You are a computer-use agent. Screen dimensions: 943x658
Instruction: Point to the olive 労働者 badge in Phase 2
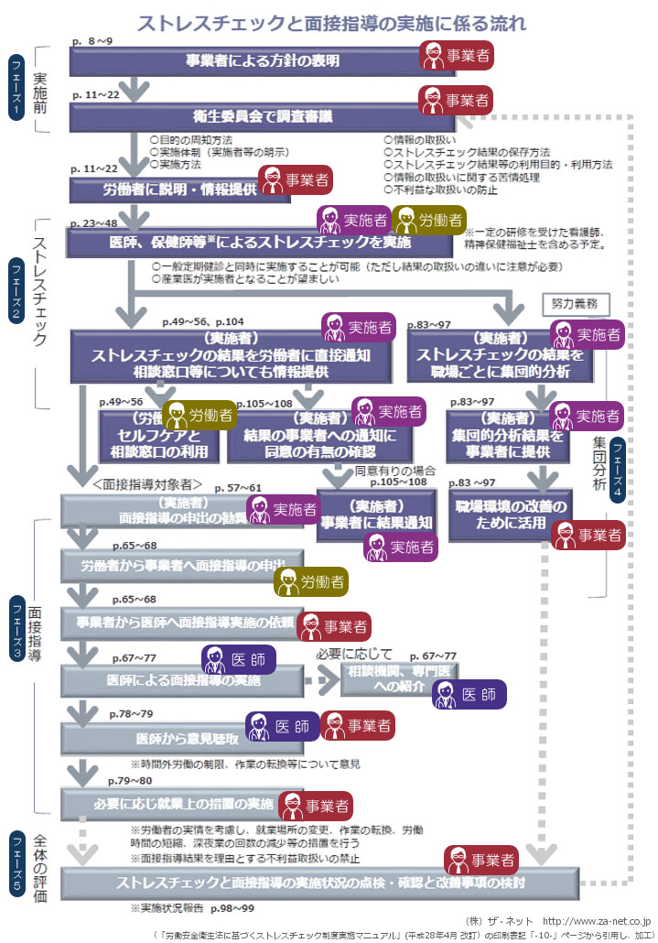[x=429, y=220]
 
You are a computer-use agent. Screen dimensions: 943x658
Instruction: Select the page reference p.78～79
[x=131, y=713]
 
